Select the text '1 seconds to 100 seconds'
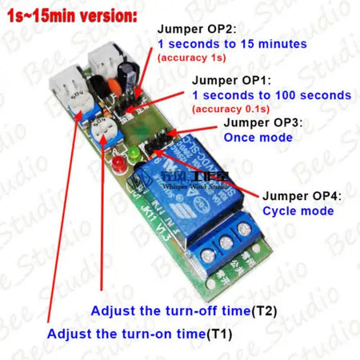pyautogui.click(x=270, y=95)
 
